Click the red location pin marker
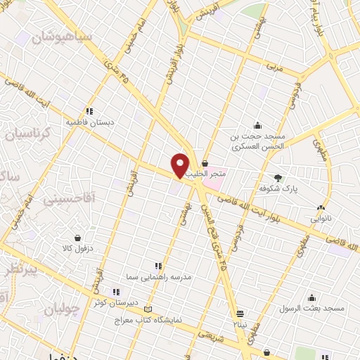[181, 165]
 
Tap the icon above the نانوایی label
[321, 208]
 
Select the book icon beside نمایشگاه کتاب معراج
[147, 309]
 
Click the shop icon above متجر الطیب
[205, 163]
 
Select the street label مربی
[273, 67]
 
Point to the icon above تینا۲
[240, 313]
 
